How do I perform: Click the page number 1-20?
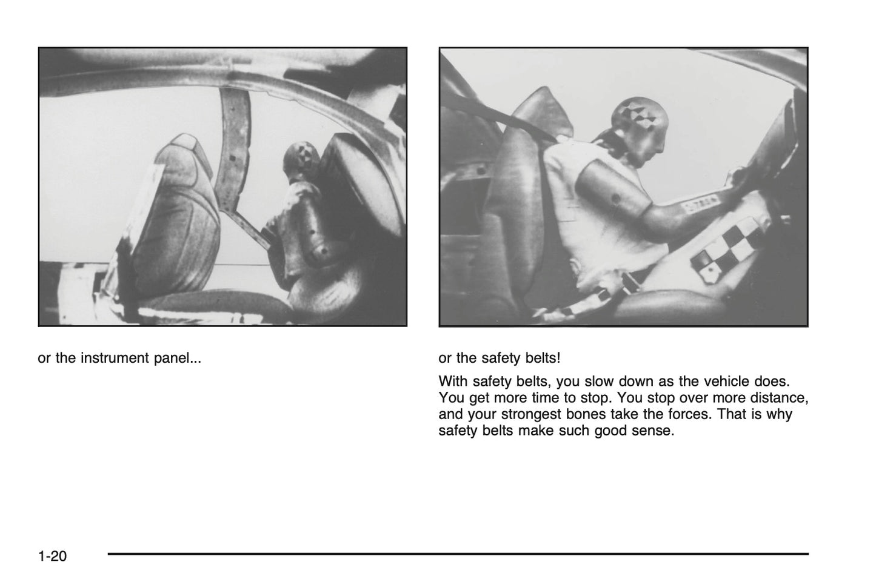[52, 556]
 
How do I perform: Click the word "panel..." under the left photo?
[178, 359]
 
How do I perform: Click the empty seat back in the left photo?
[178, 219]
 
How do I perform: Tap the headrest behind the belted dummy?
[544, 111]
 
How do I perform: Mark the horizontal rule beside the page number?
[458, 554]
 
